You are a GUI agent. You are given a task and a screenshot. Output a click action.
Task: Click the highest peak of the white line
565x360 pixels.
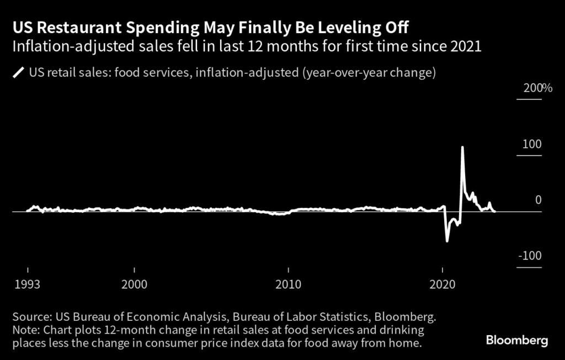462,147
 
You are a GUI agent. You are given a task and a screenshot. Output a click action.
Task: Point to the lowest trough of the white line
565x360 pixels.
447,241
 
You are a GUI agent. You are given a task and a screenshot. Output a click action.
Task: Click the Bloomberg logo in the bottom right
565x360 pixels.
517,340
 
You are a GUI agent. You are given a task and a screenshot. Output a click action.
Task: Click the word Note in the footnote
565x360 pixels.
24,330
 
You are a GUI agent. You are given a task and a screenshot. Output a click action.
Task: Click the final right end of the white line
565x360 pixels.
494,211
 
